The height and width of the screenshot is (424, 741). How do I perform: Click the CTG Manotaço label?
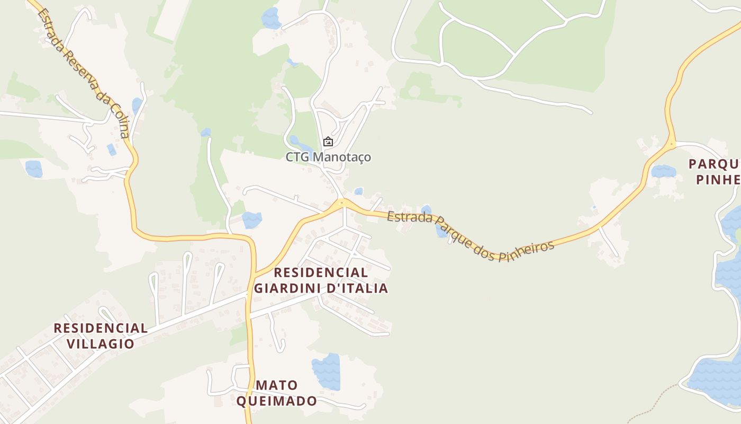328,157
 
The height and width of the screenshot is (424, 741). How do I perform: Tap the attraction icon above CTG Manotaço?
328,142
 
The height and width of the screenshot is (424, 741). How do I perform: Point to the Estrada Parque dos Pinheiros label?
471,236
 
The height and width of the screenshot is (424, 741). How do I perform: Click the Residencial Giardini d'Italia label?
321,280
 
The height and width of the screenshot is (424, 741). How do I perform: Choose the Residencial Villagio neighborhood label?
101,335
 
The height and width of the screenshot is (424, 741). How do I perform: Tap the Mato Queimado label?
276,393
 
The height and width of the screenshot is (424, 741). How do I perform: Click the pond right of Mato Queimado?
326,372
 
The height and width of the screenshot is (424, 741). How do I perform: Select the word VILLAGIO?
101,343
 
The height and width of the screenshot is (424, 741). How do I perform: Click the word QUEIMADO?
276,401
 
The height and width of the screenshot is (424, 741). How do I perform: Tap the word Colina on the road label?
121,120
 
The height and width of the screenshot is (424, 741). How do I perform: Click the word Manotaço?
342,157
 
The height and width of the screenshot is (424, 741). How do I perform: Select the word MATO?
276,385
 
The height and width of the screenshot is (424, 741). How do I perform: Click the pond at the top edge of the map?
272,18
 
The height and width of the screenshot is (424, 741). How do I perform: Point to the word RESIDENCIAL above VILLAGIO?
101,328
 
